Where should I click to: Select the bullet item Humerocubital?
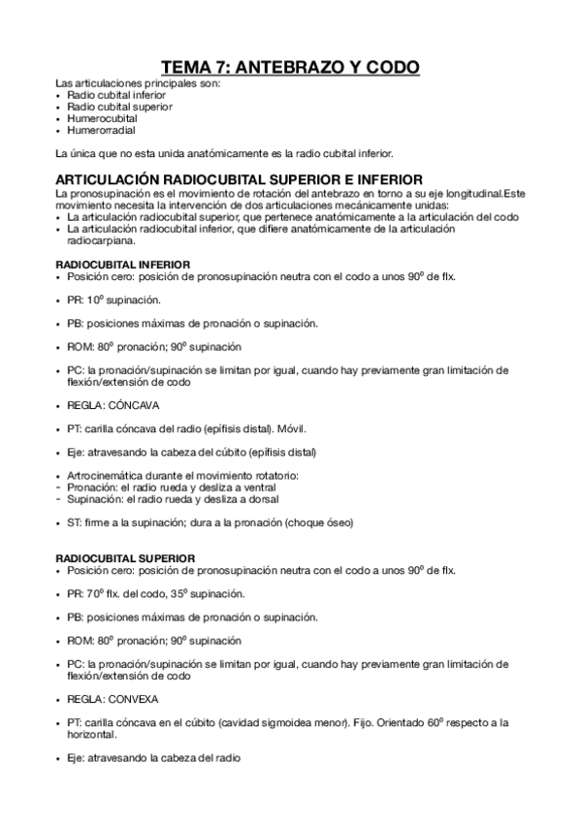(95, 118)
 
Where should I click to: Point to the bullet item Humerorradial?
(95, 130)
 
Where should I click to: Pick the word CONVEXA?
(134, 699)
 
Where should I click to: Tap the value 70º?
(94, 593)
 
